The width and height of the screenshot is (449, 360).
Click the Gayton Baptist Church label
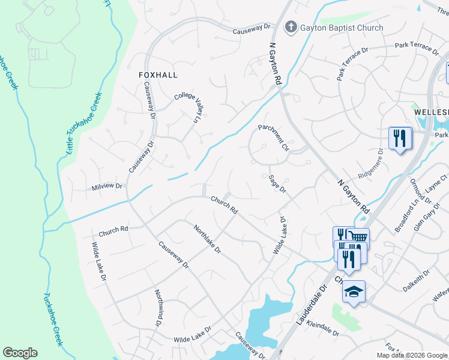tap(342, 28)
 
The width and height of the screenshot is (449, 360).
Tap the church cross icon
tap(291, 26)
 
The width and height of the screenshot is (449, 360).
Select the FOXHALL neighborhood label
tap(158, 75)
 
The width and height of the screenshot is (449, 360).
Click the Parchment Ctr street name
tap(274, 137)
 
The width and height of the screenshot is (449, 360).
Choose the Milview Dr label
tap(107, 187)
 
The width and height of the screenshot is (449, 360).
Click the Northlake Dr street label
tap(207, 238)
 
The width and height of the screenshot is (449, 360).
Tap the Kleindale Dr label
tap(323, 328)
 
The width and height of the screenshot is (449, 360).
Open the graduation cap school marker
tap(354, 292)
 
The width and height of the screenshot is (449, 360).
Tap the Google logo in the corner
tap(20, 352)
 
